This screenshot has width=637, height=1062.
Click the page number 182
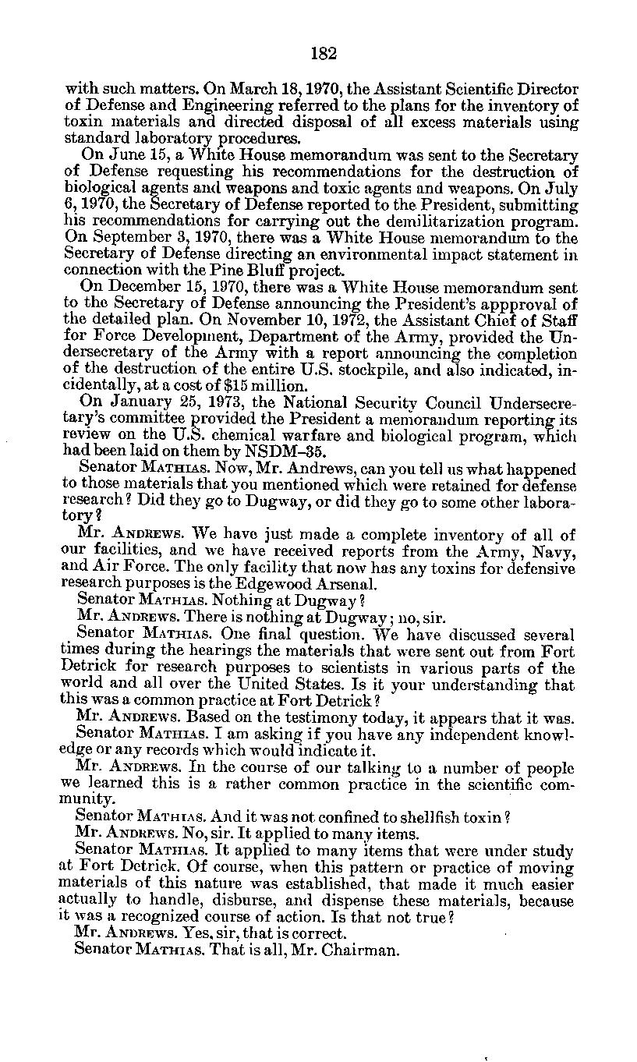coord(323,54)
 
